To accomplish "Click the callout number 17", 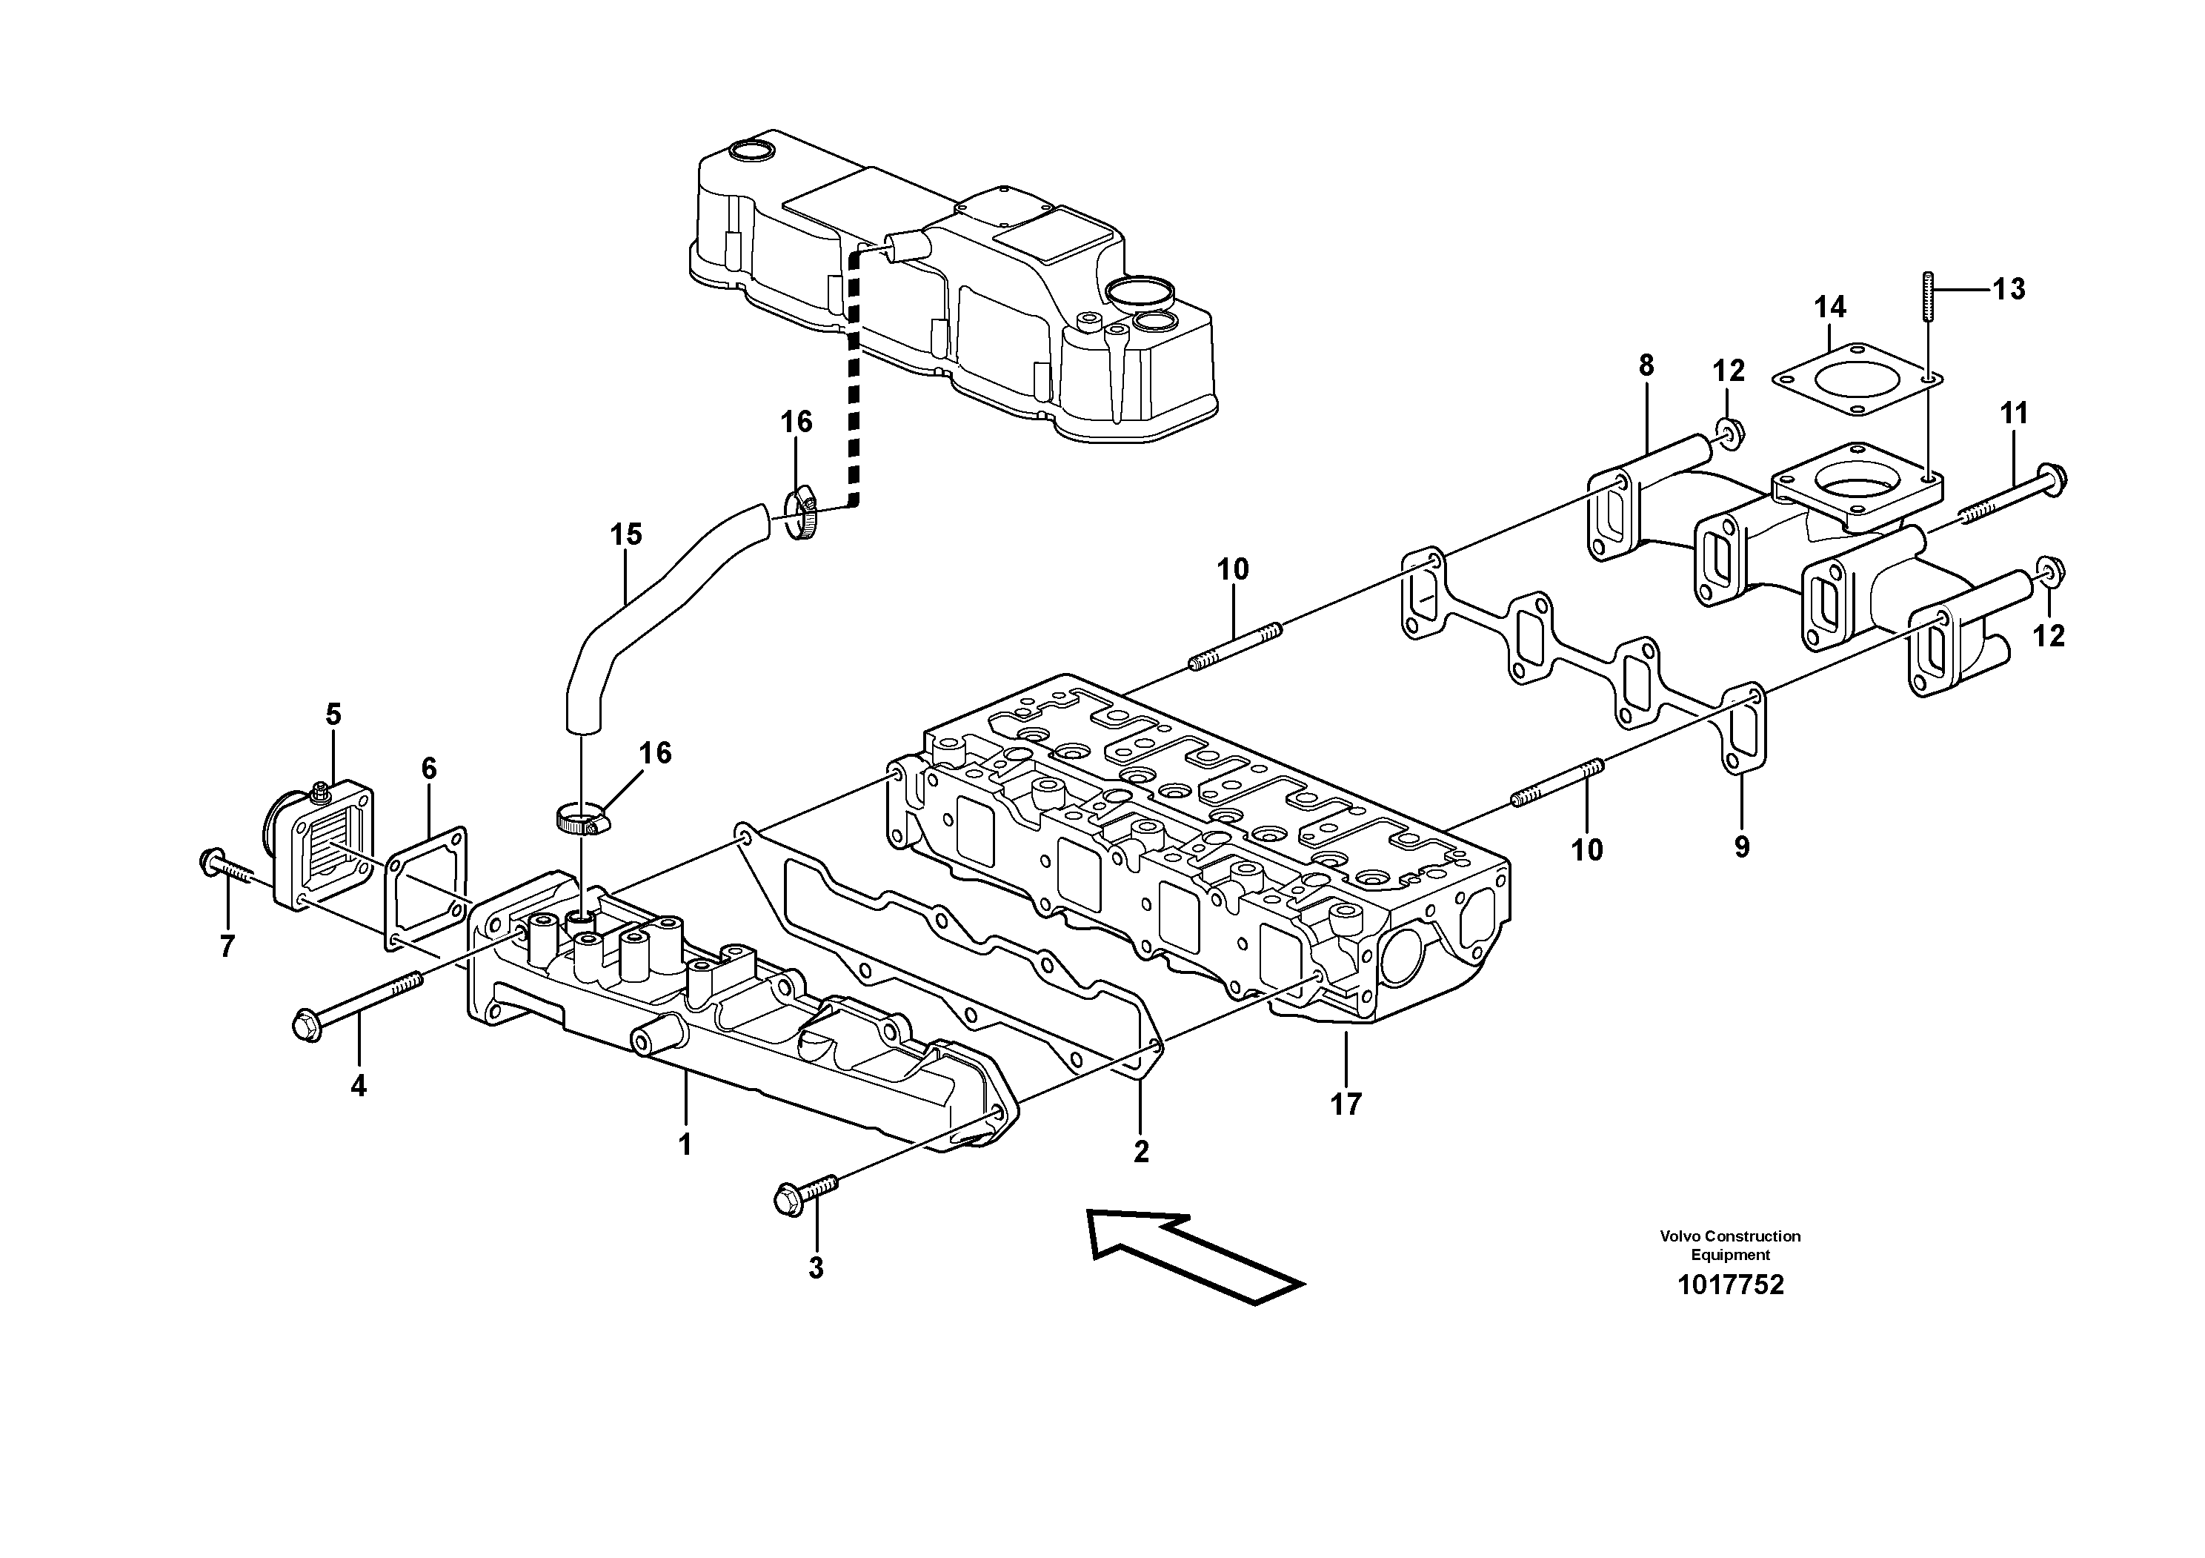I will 1346,1104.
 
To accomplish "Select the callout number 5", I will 333,715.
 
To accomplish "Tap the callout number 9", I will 1741,847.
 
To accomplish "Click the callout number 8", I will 1646,365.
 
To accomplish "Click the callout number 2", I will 1140,1152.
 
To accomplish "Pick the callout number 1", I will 685,1145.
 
